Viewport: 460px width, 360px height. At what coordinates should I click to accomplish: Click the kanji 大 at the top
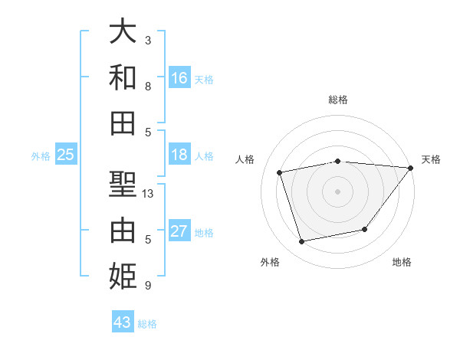point(123,32)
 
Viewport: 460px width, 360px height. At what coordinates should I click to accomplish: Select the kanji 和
point(123,77)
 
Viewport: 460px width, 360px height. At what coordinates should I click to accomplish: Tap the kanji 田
point(123,123)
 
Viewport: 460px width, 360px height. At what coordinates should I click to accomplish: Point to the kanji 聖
point(123,185)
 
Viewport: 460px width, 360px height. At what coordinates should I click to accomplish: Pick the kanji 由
point(123,230)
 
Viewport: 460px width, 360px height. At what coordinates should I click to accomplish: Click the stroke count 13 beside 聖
point(149,194)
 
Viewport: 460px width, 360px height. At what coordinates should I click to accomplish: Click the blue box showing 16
point(179,78)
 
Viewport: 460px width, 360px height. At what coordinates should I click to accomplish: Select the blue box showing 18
point(179,155)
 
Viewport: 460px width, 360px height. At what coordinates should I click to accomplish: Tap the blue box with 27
point(179,231)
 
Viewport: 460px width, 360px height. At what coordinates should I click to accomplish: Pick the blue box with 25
point(66,155)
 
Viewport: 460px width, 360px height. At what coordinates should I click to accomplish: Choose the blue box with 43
point(123,322)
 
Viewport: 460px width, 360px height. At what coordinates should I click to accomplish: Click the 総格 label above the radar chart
point(338,100)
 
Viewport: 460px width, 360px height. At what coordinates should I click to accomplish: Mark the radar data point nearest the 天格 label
point(410,169)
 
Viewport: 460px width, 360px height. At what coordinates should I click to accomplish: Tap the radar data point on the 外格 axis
point(302,242)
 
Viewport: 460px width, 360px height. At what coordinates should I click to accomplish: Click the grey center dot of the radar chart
point(337,191)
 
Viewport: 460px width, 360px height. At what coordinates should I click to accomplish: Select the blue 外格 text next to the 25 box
point(41,156)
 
